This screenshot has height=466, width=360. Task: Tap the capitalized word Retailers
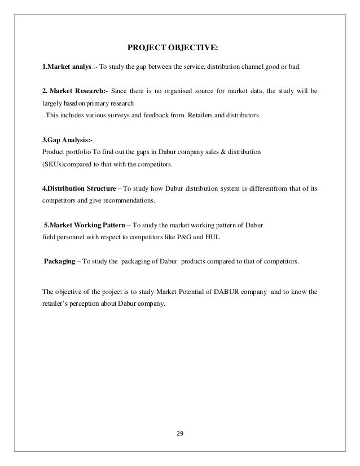(205, 115)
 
